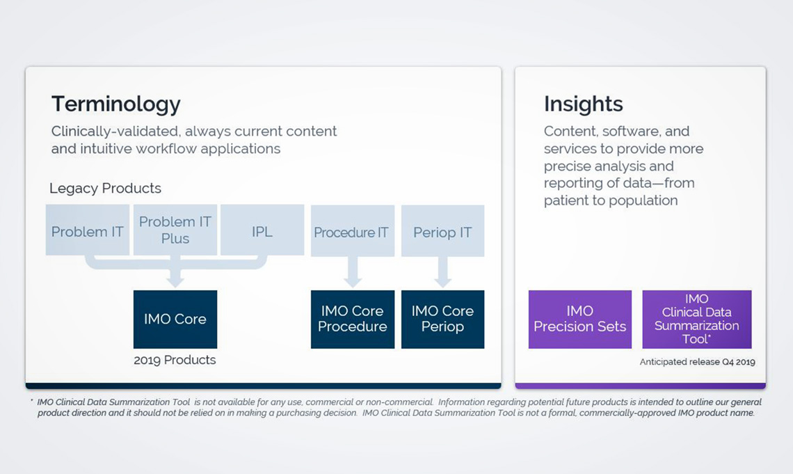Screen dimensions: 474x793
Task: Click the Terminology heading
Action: point(115,104)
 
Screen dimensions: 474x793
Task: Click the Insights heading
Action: point(583,104)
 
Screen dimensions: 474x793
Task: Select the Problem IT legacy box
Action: point(88,230)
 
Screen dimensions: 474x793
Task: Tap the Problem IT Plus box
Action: point(175,230)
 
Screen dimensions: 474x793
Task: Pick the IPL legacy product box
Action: point(262,230)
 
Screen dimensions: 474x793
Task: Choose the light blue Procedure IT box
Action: point(352,231)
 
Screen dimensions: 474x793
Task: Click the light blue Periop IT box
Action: point(442,231)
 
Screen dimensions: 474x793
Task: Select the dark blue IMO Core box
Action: point(175,319)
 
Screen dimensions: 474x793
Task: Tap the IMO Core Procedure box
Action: point(352,319)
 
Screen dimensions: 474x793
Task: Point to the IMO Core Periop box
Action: point(442,319)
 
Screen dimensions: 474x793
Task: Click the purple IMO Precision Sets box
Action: point(580,319)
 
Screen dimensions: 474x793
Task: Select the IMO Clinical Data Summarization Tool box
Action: point(696,319)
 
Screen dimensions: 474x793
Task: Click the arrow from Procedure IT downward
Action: point(352,272)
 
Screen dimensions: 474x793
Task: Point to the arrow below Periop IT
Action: point(442,272)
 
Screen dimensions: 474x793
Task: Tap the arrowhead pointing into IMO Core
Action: point(175,280)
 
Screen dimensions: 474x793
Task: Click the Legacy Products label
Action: point(105,189)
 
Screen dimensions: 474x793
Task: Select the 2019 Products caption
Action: point(175,360)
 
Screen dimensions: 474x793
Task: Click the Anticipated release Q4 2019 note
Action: point(697,362)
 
